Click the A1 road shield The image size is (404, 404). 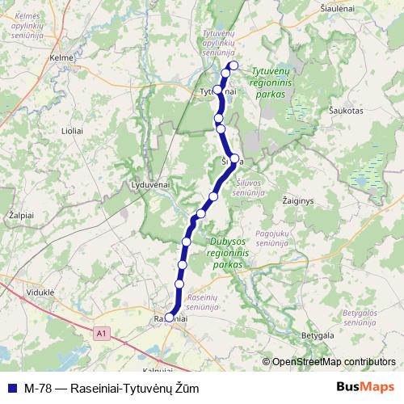(x=100, y=332)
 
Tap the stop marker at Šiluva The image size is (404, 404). (x=235, y=158)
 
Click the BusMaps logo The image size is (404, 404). (x=367, y=386)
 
